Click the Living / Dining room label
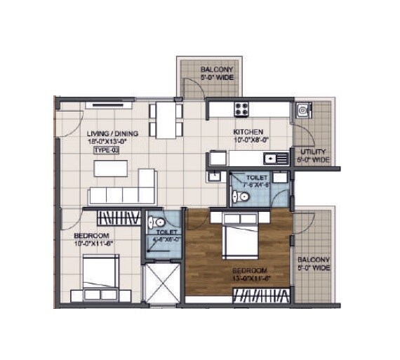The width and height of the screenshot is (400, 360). point(112,133)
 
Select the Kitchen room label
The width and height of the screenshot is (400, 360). point(248,131)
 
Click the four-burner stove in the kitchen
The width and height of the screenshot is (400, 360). point(242,109)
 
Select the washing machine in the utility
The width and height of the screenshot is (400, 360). point(303,109)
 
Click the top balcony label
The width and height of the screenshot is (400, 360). point(217,70)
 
